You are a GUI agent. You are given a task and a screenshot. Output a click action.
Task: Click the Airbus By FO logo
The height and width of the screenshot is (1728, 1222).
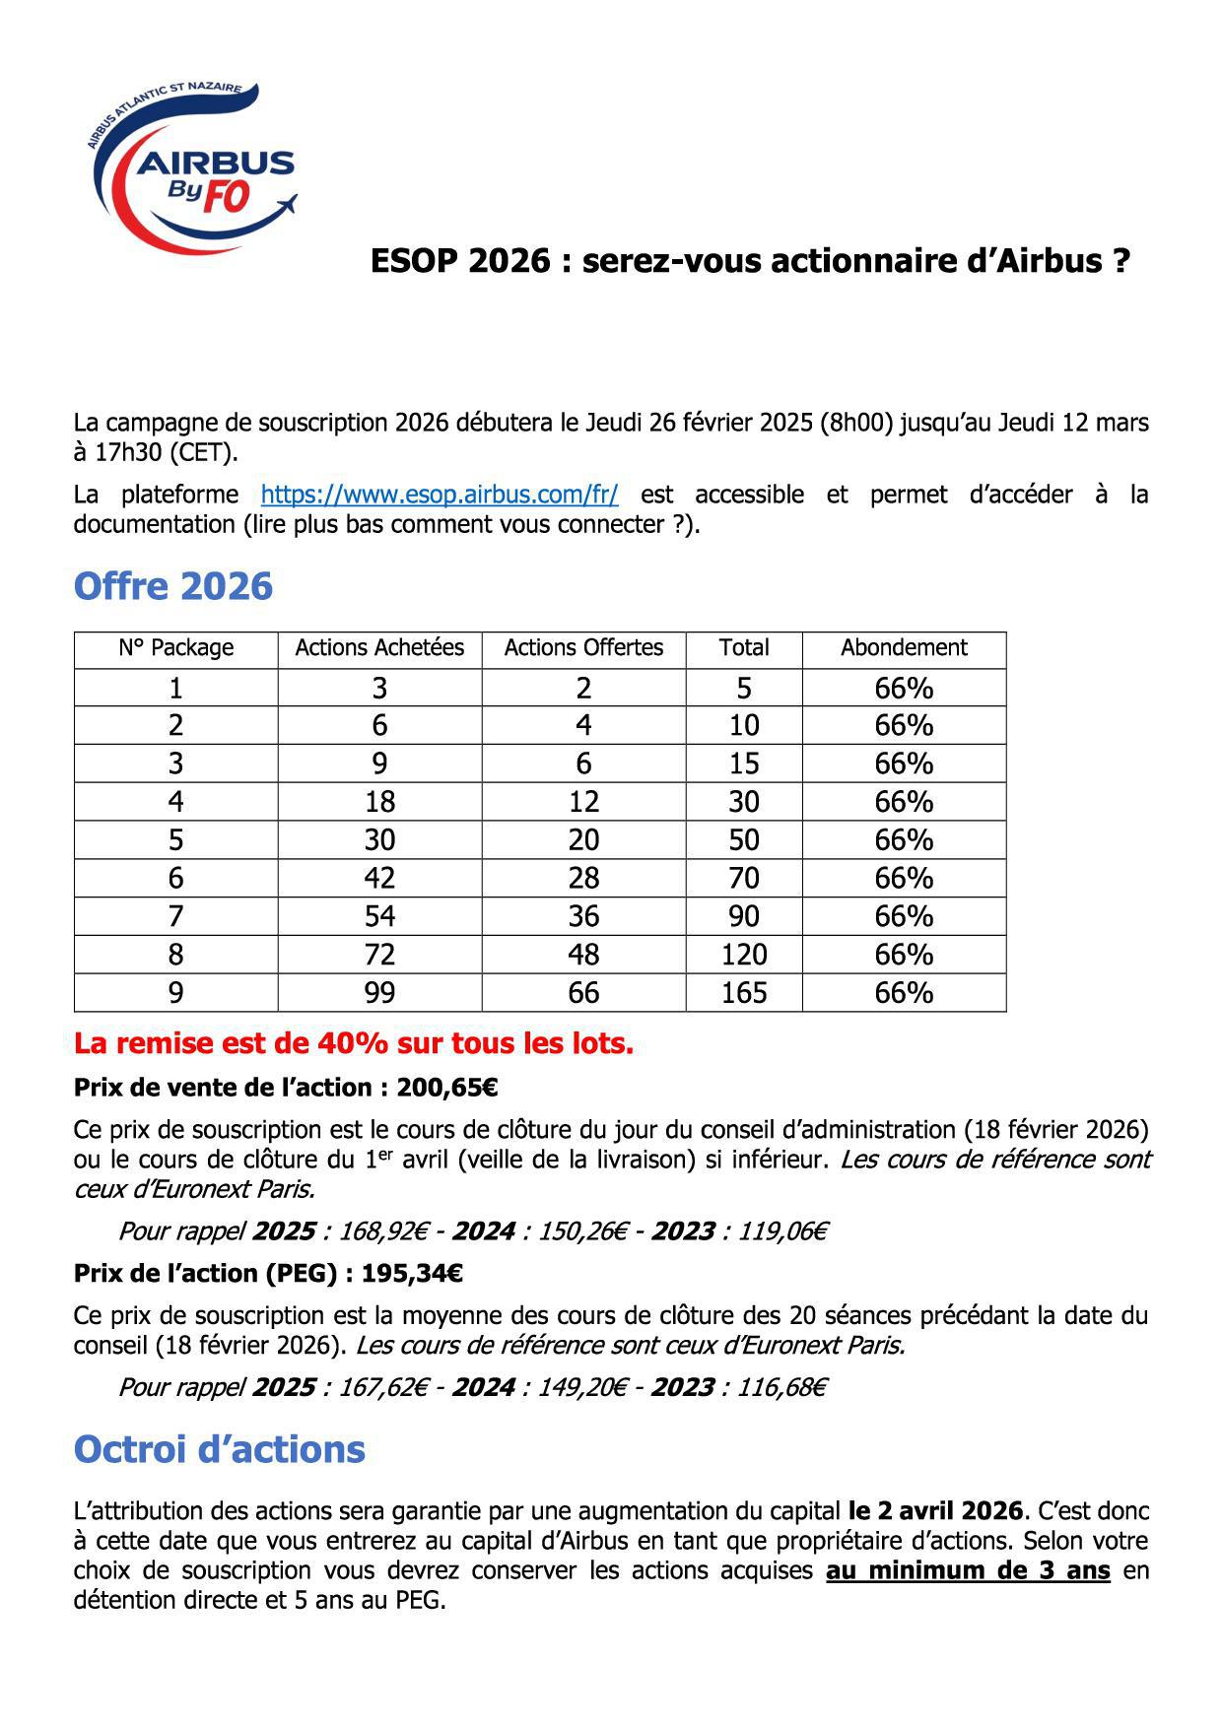click(x=192, y=167)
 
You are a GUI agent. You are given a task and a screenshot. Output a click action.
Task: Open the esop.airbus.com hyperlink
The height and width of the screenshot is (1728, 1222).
click(x=440, y=495)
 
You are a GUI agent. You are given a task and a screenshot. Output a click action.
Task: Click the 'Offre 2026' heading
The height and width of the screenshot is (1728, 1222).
click(x=172, y=586)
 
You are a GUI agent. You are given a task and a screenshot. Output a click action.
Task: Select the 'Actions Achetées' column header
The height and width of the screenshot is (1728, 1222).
click(x=379, y=648)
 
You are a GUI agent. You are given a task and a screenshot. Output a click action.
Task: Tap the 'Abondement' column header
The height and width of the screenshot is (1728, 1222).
click(x=904, y=648)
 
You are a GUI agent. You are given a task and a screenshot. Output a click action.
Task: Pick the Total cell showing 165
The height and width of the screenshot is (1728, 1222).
click(x=744, y=992)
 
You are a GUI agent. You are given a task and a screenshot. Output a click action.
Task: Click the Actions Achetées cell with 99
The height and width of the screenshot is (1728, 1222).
click(x=379, y=992)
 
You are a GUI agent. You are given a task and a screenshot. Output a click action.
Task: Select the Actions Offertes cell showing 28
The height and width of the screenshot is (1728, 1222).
click(x=583, y=878)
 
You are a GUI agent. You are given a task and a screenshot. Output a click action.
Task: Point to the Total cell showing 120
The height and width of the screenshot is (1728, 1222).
click(x=744, y=954)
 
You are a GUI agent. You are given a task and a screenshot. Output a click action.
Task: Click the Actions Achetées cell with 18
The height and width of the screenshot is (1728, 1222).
click(x=379, y=802)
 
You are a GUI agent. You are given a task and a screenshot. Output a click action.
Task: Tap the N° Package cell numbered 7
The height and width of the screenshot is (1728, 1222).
click(x=175, y=916)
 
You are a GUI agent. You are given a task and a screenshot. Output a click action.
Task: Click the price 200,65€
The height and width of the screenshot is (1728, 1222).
click(x=446, y=1088)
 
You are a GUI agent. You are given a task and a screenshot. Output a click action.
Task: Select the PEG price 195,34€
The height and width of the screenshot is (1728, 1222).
click(x=412, y=1273)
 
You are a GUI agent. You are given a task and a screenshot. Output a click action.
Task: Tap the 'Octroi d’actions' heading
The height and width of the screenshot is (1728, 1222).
click(x=219, y=1449)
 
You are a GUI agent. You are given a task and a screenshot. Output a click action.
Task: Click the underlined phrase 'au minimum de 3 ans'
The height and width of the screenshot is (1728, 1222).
click(x=968, y=1570)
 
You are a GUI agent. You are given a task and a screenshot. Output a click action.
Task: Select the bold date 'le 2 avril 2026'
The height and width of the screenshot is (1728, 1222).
click(x=934, y=1511)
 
